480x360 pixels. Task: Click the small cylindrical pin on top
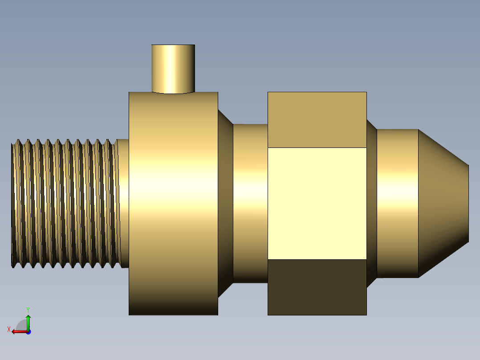(x=173, y=69)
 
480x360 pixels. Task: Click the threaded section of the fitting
(x=65, y=204)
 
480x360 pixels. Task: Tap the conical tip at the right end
(x=443, y=204)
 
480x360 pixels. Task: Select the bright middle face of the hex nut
(x=317, y=204)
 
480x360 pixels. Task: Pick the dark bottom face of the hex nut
(x=317, y=287)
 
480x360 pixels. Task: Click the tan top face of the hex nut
(x=317, y=120)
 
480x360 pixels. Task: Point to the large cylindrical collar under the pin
(x=173, y=204)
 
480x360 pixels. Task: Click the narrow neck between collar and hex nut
(x=250, y=204)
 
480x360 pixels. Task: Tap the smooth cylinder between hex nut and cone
(x=397, y=204)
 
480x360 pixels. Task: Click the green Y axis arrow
(x=28, y=323)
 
